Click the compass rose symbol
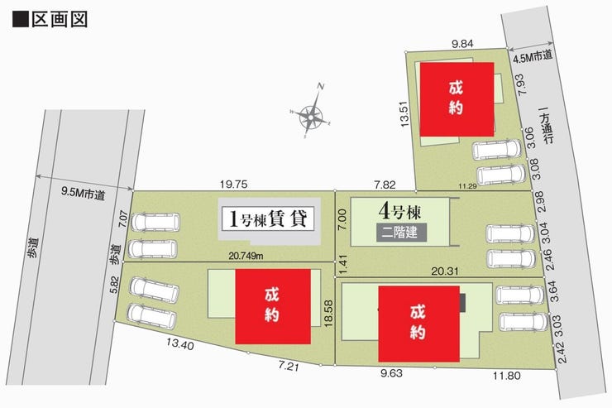[x=313, y=115]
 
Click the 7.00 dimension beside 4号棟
[x=342, y=219]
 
